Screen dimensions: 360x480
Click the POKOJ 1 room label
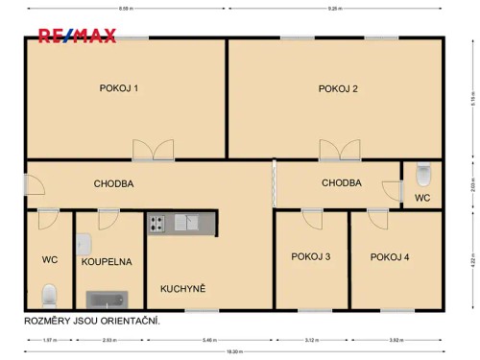click(119, 88)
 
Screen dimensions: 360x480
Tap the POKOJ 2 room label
click(338, 88)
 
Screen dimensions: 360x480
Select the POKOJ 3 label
click(311, 256)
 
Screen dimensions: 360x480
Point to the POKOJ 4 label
click(390, 256)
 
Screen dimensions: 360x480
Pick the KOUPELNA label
click(107, 260)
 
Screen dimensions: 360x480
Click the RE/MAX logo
click(77, 36)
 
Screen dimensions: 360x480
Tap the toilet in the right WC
click(423, 174)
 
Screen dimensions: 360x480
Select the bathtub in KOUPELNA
click(106, 300)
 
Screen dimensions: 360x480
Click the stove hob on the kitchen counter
click(156, 224)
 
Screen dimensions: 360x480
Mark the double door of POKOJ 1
click(153, 149)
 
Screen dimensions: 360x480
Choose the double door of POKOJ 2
click(341, 149)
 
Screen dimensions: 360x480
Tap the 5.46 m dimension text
click(210, 340)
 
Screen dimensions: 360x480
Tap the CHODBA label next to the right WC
click(342, 182)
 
